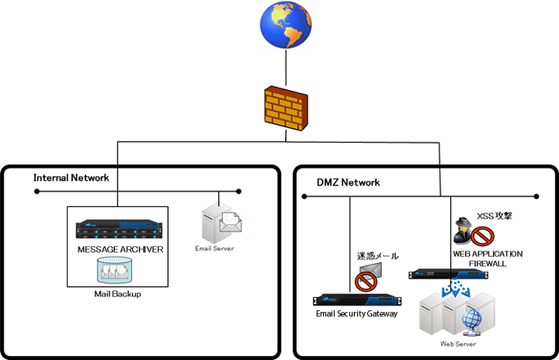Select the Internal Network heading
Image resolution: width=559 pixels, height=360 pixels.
(x=71, y=178)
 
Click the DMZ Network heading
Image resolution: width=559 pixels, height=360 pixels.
(x=349, y=182)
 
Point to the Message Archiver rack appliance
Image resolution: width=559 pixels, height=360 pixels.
(x=120, y=230)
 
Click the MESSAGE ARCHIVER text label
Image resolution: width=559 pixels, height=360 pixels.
(x=120, y=249)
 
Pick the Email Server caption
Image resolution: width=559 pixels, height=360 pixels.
(x=214, y=248)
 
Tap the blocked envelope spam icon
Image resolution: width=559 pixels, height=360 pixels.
(x=367, y=275)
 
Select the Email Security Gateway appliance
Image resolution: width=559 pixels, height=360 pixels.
(x=356, y=301)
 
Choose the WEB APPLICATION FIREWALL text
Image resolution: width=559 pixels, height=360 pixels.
(x=488, y=259)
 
